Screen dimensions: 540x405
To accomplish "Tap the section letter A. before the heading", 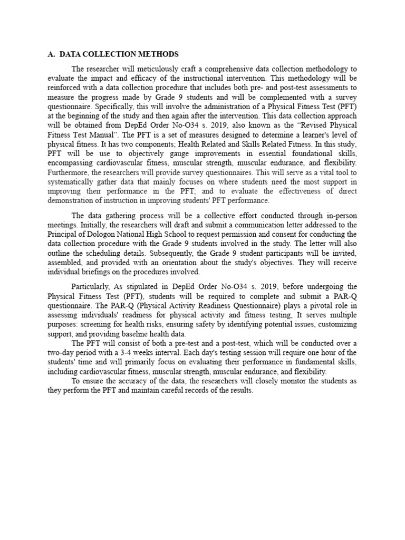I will coord(51,54).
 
